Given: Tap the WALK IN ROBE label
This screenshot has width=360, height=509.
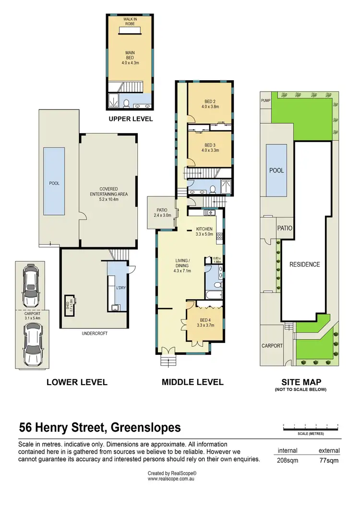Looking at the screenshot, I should pyautogui.click(x=131, y=21).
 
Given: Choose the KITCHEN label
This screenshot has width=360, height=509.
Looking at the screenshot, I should pyautogui.click(x=204, y=232).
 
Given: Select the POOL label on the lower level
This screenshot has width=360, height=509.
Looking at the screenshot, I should pyautogui.click(x=55, y=183).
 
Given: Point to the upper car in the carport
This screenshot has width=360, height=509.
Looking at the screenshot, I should pyautogui.click(x=31, y=288).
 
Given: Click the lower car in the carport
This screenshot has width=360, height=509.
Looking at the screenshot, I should pyautogui.click(x=32, y=341).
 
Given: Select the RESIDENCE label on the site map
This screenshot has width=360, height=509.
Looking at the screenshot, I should pyautogui.click(x=304, y=265).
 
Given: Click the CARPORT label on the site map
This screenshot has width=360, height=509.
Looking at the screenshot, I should pyautogui.click(x=272, y=345).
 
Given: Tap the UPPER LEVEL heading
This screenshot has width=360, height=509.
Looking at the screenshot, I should pyautogui.click(x=131, y=119).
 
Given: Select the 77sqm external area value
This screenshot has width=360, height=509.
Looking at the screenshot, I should pyautogui.click(x=329, y=461).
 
